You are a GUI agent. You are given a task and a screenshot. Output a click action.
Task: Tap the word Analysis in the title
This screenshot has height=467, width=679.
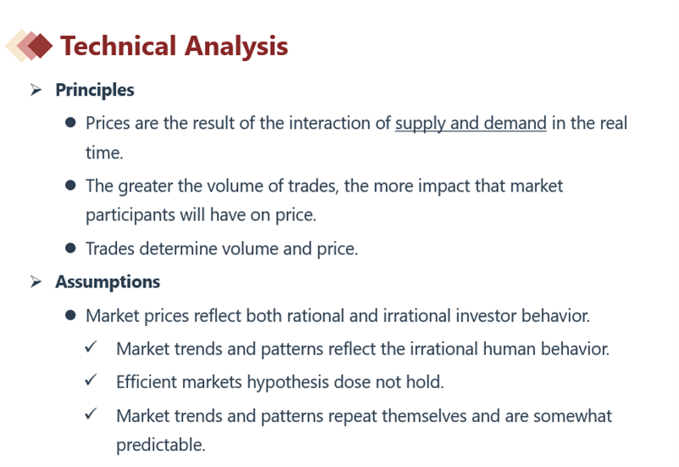tap(236, 47)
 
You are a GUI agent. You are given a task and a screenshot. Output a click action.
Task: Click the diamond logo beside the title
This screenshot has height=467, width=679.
tap(29, 46)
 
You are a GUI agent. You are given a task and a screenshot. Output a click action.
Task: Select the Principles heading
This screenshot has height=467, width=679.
tap(95, 90)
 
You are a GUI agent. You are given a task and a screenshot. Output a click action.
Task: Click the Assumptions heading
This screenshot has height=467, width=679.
tap(108, 282)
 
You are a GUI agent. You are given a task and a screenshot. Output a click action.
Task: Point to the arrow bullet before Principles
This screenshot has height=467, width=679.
tap(36, 90)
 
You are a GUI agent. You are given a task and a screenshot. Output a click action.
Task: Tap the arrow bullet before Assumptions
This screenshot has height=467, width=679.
tap(36, 281)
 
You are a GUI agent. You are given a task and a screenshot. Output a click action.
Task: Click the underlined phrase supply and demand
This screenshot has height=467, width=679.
tap(471, 123)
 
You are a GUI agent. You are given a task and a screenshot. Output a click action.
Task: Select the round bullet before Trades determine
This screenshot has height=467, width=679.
tap(70, 248)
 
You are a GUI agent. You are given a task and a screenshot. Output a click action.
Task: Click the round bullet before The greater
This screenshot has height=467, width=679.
tap(70, 186)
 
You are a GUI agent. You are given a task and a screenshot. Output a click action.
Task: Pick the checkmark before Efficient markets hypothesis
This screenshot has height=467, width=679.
tap(91, 381)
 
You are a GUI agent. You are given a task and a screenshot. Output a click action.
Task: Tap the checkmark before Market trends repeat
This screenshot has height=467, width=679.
tap(91, 414)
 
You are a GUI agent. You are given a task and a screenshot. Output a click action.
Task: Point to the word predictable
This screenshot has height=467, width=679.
tap(161, 445)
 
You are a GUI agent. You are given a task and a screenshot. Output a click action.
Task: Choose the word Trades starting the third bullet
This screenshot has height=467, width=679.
tap(110, 249)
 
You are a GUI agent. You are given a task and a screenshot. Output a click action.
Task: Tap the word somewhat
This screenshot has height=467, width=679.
tap(572, 416)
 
